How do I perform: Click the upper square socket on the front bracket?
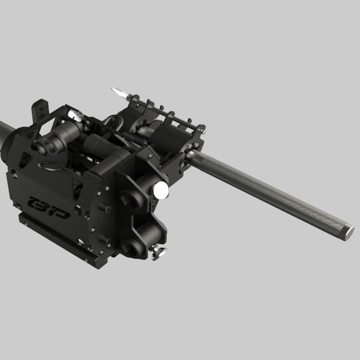point(129,199)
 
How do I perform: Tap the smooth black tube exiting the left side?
point(7,131)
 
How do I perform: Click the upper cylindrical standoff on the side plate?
point(105,208)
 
